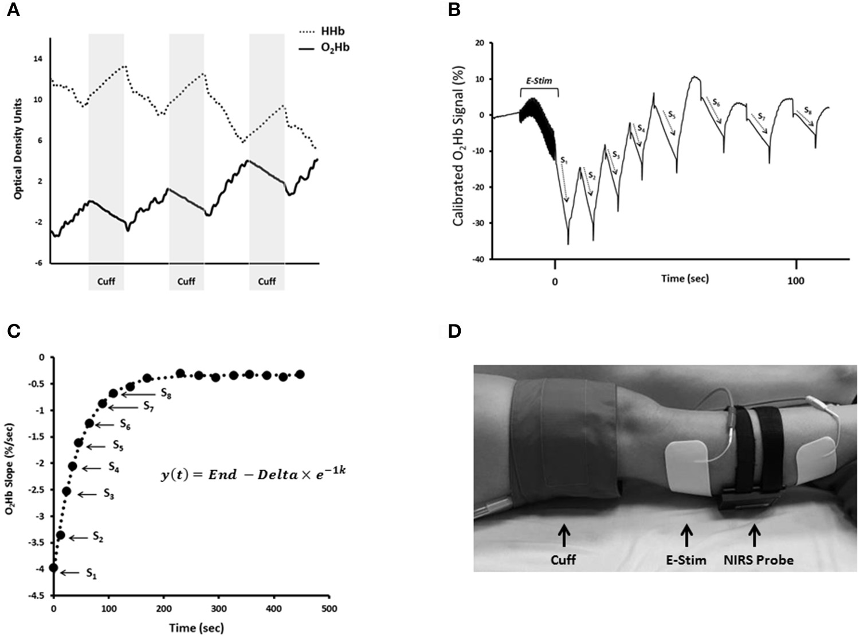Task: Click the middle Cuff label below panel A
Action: coord(186,282)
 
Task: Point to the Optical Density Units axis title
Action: coord(18,148)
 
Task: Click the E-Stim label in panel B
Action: coord(539,81)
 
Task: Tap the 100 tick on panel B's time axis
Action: coord(796,282)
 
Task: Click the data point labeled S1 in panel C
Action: coord(54,568)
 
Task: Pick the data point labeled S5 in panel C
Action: coord(79,443)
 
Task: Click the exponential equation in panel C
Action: coord(253,475)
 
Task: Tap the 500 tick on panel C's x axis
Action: coord(328,608)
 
